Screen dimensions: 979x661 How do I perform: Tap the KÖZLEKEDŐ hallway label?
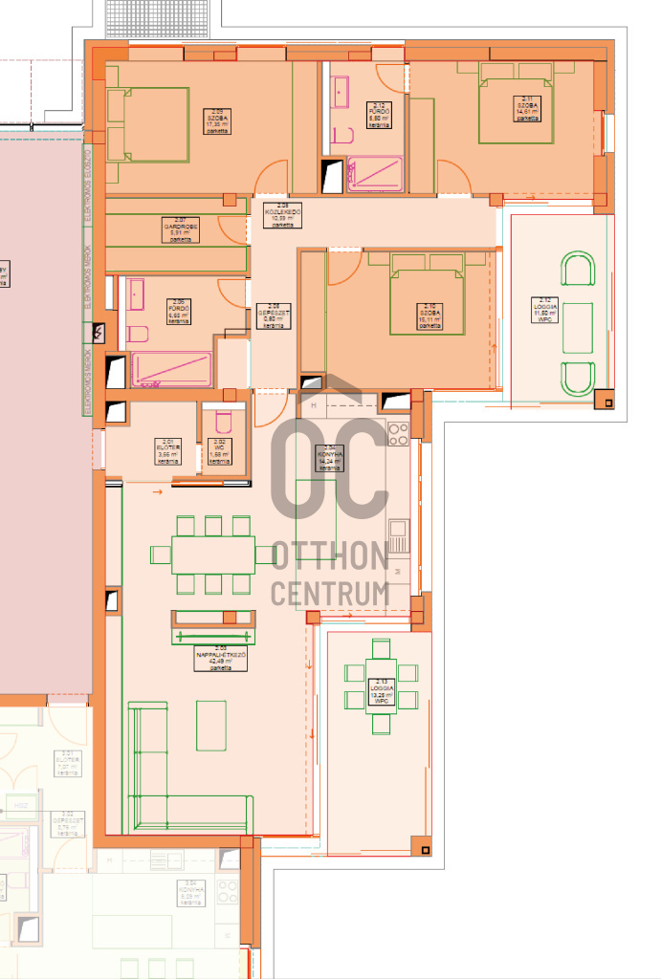282,215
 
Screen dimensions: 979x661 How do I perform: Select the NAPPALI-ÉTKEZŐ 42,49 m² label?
221,660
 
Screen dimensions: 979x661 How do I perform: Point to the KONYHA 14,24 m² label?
330,458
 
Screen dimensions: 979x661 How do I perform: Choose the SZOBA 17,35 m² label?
215,120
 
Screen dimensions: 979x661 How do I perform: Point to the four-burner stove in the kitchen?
398,434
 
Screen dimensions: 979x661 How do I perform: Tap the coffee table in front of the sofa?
211,725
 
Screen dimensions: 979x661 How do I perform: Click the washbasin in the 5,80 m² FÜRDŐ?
341,94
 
